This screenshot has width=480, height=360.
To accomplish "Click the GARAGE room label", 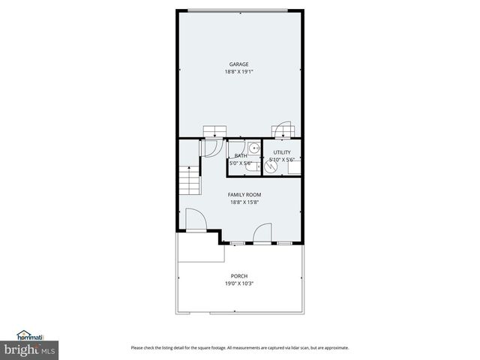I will pos(239,64).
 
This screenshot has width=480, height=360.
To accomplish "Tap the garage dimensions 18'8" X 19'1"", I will pos(239,72).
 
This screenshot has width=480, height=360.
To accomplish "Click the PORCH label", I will pos(239,276).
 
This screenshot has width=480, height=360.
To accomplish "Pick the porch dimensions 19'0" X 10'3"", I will pos(239,283).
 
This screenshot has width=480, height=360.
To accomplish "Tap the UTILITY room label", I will pos(282,152).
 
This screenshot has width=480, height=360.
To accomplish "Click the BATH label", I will pos(241,155).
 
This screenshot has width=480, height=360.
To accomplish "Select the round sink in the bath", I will pos(253,148).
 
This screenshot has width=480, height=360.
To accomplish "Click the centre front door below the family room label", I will pos(262,234).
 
